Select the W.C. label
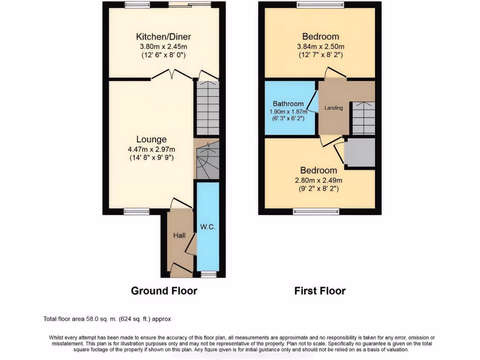click(x=208, y=227)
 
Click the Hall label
click(x=178, y=235)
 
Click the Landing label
click(x=334, y=108)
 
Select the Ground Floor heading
click(x=164, y=291)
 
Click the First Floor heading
click(x=320, y=291)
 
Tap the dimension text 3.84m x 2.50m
click(x=321, y=46)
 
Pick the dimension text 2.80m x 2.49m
click(x=319, y=180)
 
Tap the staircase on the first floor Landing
click(x=363, y=119)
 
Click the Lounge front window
click(x=136, y=211)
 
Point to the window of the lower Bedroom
click(x=316, y=211)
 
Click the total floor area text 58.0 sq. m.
click(x=107, y=319)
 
